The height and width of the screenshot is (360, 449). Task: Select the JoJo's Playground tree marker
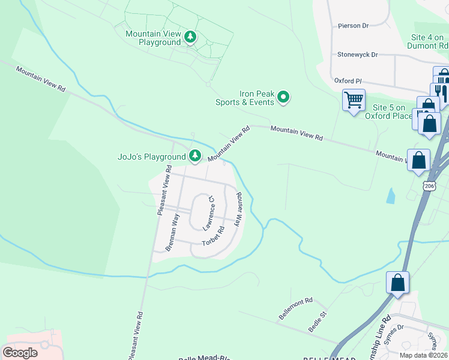[195, 157]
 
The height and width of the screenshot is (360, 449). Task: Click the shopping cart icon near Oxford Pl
[354, 99]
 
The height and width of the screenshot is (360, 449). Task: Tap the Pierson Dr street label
[353, 26]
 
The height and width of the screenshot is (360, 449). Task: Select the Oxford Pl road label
[348, 80]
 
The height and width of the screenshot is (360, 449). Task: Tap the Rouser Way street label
[239, 208]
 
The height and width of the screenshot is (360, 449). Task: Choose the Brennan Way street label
[172, 232]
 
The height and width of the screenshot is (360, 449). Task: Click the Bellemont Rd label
[296, 307]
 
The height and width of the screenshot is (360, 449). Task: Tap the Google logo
[20, 352]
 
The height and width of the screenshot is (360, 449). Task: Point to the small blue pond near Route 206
[392, 195]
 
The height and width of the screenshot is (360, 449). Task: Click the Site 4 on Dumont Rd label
[427, 41]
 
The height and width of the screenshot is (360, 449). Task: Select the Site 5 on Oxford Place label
[389, 112]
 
